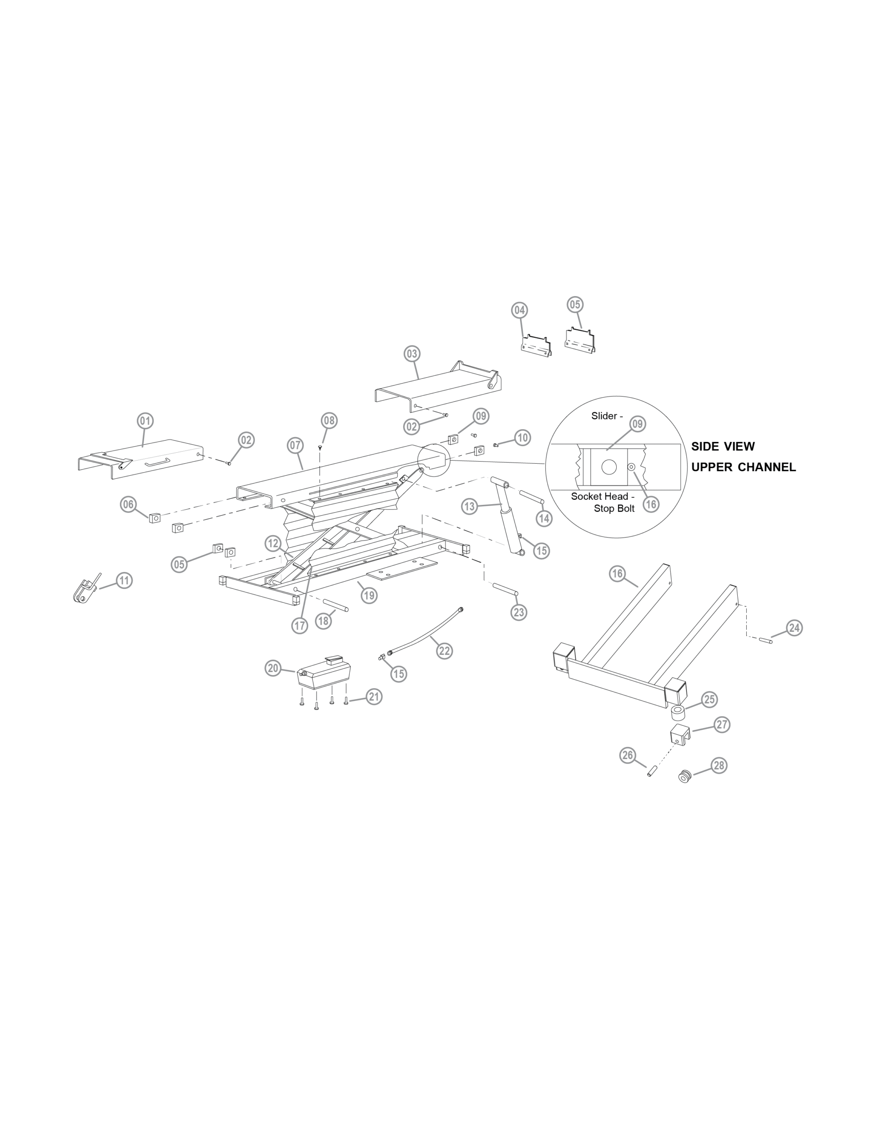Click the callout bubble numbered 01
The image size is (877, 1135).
click(145, 420)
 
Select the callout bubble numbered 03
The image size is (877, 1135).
click(412, 354)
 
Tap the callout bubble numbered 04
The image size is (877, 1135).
click(519, 310)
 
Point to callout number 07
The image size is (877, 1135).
click(295, 446)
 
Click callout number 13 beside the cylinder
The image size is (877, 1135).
click(470, 506)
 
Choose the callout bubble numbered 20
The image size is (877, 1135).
click(274, 668)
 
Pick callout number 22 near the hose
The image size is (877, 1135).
click(444, 651)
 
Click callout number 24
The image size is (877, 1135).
click(794, 628)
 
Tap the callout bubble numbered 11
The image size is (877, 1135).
click(124, 580)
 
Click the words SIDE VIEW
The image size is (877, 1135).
click(723, 446)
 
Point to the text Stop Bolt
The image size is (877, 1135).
click(614, 509)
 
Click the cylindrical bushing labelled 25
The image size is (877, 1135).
click(678, 712)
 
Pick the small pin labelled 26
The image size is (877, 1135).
click(651, 771)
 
